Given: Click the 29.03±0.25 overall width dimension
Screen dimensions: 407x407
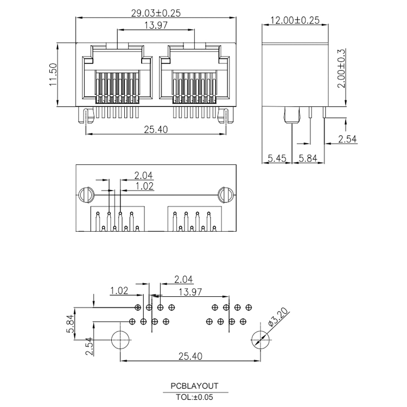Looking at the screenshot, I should (x=156, y=12).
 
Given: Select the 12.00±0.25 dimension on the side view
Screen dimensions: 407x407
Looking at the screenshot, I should (x=295, y=21).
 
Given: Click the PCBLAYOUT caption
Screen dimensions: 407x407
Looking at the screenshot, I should (x=194, y=386).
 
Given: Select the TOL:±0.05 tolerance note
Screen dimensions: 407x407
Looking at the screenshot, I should (x=194, y=397).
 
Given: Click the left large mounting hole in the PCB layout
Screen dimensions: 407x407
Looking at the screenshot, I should (x=120, y=340).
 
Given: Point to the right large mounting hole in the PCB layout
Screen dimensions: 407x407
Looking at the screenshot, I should (x=260, y=340).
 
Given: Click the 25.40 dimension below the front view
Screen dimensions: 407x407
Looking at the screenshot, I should (x=156, y=129).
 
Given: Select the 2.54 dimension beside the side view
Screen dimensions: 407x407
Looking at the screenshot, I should (x=348, y=139).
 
